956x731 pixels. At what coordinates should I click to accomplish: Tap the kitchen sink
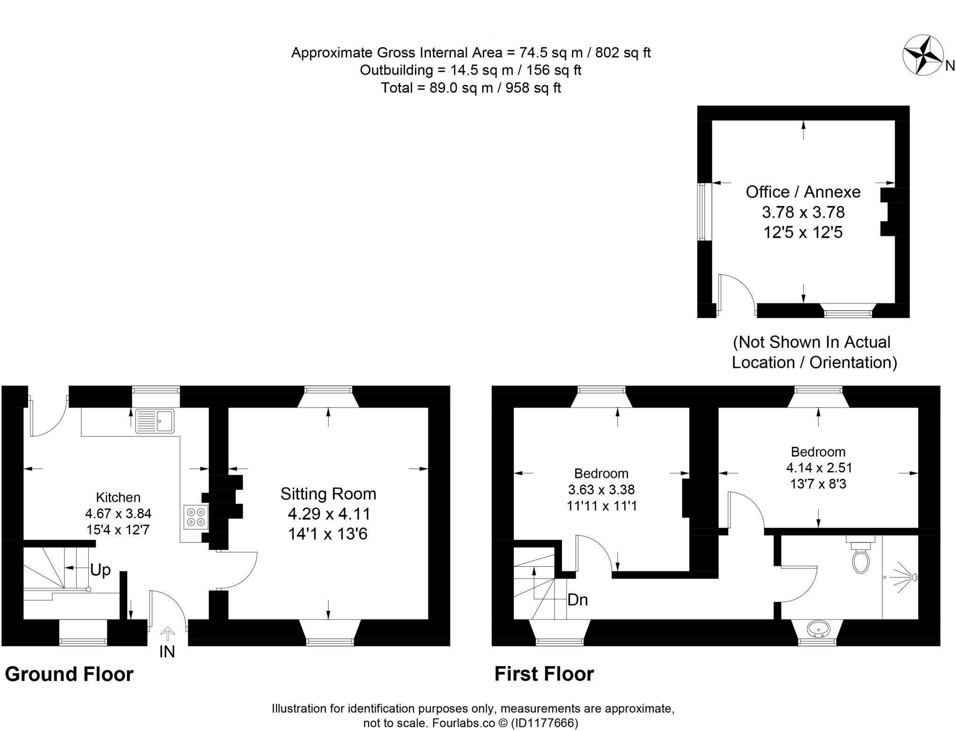(x=155, y=421)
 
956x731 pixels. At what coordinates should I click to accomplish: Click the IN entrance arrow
(x=167, y=634)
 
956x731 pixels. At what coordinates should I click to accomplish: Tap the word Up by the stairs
(x=100, y=569)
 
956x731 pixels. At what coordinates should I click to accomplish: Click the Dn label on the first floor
(x=577, y=600)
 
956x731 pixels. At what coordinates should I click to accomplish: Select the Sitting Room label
(x=328, y=494)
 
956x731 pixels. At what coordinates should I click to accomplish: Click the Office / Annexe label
(x=803, y=192)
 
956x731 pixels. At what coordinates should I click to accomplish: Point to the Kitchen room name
(x=118, y=497)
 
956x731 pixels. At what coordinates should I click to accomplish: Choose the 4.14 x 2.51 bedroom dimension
(x=819, y=467)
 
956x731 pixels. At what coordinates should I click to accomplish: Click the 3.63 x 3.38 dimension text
(x=601, y=490)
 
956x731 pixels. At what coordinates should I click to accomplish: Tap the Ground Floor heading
(x=69, y=674)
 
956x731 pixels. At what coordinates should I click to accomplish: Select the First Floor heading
(x=544, y=674)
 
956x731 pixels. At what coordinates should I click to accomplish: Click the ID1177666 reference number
(x=545, y=723)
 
